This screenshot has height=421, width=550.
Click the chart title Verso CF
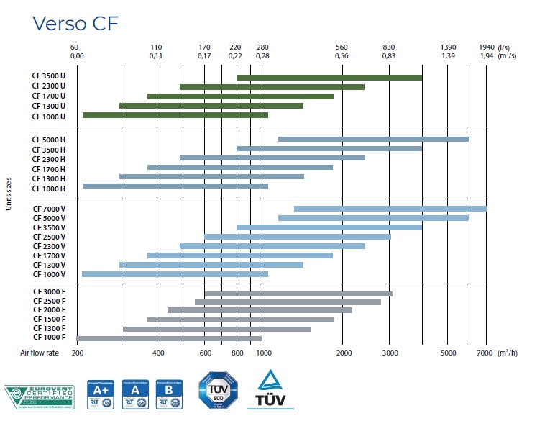75,23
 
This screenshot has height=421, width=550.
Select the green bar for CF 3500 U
329,77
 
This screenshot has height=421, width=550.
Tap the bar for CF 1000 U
175,115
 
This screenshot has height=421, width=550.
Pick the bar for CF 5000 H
373,139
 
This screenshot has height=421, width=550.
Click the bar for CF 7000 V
390,209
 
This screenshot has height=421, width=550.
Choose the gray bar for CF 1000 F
169,338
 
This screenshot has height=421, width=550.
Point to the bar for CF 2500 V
297,236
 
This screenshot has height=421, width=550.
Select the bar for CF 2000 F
260,310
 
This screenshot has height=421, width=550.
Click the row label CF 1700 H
49,168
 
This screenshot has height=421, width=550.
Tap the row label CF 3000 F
49,291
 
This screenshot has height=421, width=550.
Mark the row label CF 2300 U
49,86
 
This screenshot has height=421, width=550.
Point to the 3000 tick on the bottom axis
389,353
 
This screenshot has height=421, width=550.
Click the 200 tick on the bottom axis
78,353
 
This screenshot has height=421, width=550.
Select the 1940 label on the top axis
486,47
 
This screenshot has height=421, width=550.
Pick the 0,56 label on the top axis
342,55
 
